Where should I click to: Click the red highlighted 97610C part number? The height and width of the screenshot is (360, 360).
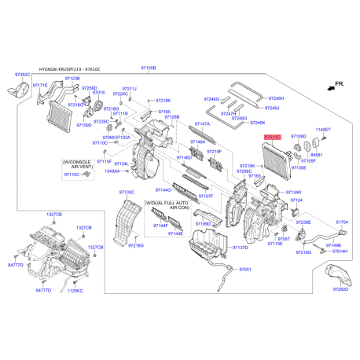tap(272, 137)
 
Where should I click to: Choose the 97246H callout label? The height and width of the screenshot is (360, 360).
tap(273, 98)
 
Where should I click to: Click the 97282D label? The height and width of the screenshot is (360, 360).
tap(340, 289)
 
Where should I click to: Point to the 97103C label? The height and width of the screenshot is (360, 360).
tap(127, 192)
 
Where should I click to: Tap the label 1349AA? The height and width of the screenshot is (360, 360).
tap(112, 171)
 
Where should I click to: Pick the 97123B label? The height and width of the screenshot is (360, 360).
tap(72, 79)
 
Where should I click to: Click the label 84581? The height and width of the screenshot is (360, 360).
tap(317, 156)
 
